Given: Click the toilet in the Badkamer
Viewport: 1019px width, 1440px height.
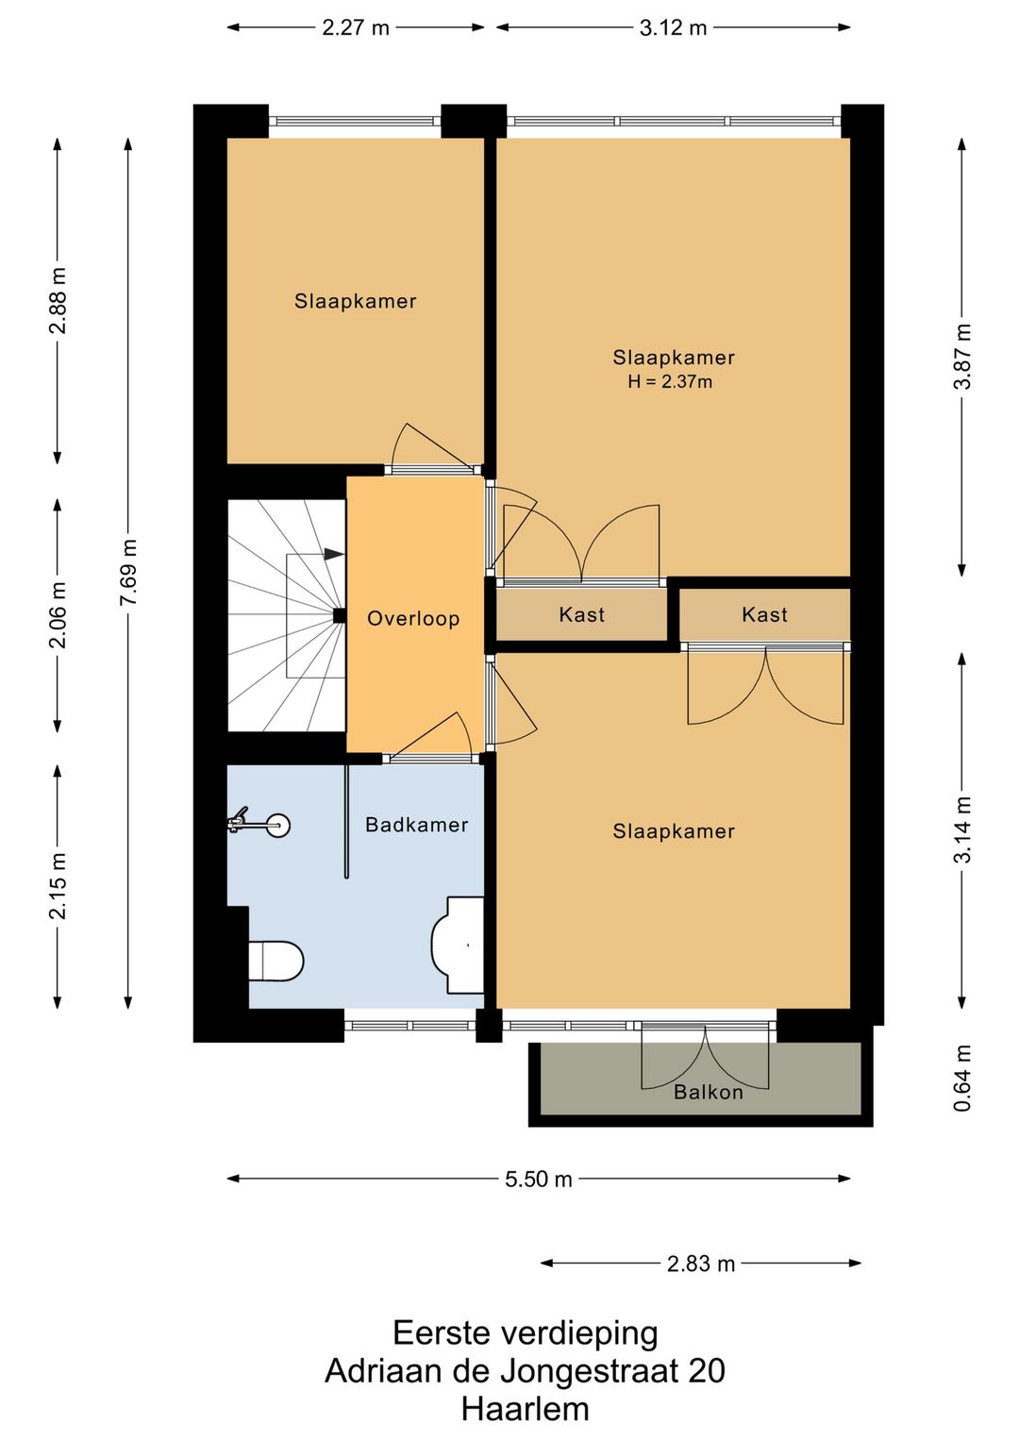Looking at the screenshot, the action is coord(276,961).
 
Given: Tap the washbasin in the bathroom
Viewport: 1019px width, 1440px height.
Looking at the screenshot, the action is coord(457,945).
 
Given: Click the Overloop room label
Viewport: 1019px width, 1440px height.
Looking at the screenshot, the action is coord(413,618).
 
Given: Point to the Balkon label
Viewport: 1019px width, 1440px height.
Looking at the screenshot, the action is coord(709,1092).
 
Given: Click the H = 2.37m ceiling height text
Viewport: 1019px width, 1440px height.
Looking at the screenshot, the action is coord(670,382).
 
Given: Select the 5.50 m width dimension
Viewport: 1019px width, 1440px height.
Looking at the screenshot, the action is coord(538,1179).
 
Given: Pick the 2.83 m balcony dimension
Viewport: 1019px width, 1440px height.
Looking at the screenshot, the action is coord(701,1264).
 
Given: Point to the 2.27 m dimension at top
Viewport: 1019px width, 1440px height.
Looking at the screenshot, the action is coord(356,27).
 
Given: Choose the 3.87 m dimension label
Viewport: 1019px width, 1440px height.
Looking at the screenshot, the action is coord(962,356).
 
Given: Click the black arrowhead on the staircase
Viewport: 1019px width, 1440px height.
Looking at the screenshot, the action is coord(334,554).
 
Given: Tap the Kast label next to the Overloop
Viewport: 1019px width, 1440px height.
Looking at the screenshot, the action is coord(582,614).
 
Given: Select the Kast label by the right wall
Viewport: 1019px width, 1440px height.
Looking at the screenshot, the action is coord(764,614).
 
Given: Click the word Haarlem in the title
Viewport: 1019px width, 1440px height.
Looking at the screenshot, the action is coord(526,1409).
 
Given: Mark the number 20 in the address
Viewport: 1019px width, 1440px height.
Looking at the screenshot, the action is coord(707,1370).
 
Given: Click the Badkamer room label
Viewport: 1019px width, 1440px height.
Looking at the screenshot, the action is coord(417,825).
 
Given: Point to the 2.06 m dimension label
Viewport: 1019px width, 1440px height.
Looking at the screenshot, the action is coord(58,614).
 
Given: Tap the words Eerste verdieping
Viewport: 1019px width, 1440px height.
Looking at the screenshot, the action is coord(526,1333).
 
